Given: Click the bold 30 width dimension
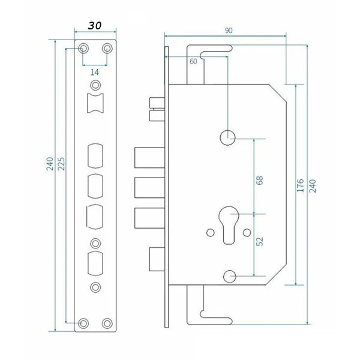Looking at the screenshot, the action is coord(95,25).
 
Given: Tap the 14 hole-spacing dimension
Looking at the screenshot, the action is coord(95,73).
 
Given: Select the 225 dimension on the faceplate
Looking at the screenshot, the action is coord(61,164).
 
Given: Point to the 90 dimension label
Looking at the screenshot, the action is coord(229,31).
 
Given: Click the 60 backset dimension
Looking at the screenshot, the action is coord(193,62).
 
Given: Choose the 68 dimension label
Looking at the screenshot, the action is coord(259,180).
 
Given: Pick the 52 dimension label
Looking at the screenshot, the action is coord(260,241).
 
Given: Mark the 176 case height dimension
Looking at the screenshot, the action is coord(301,185).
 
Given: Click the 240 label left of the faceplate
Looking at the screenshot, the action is coord(50,164).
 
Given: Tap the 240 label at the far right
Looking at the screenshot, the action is coord(313,186).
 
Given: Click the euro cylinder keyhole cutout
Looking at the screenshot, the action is coord(229,225).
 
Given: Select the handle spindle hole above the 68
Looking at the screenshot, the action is coord(227,138).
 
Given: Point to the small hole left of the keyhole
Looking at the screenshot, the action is coord(211,233).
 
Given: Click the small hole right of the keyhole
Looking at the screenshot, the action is coord(247,233).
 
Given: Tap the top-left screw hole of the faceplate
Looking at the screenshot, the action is coord(83,49).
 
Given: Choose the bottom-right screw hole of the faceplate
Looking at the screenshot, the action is coord(107,323).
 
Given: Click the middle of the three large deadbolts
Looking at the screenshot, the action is coord(149,188).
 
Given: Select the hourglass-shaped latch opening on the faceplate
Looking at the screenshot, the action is coord(95,103).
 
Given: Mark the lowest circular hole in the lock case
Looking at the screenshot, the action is coord(230,277).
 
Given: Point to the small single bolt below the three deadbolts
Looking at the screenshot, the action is coord(157,259).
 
